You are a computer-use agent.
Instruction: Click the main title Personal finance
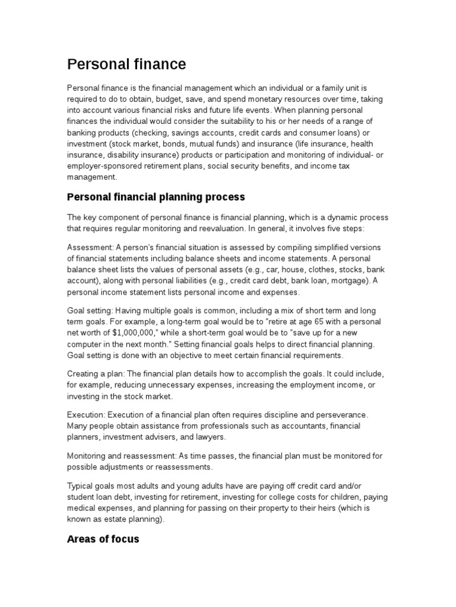tap(126, 64)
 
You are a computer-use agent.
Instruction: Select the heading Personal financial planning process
tap(156, 197)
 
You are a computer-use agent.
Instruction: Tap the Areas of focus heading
tap(103, 539)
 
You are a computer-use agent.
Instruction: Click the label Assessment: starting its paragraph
tap(90, 247)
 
